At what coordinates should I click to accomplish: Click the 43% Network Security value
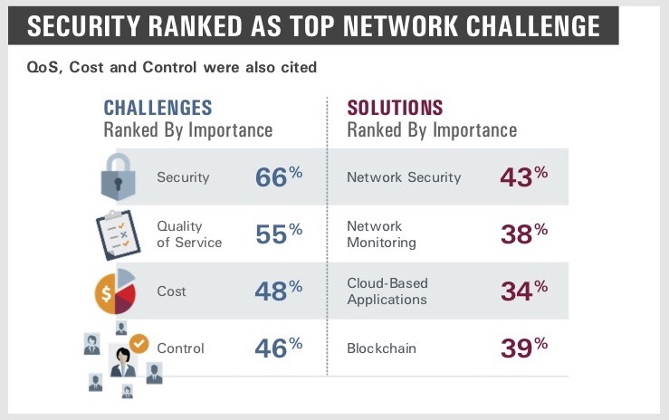tap(524, 177)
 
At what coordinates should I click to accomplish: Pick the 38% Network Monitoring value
tap(524, 234)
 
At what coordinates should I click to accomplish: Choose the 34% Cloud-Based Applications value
tap(524, 291)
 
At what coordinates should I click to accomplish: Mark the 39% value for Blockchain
tap(524, 348)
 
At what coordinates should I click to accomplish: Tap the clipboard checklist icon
tap(119, 234)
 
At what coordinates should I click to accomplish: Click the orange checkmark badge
tap(139, 344)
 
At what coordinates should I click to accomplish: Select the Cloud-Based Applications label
tap(387, 291)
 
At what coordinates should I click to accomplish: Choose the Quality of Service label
tap(189, 234)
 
